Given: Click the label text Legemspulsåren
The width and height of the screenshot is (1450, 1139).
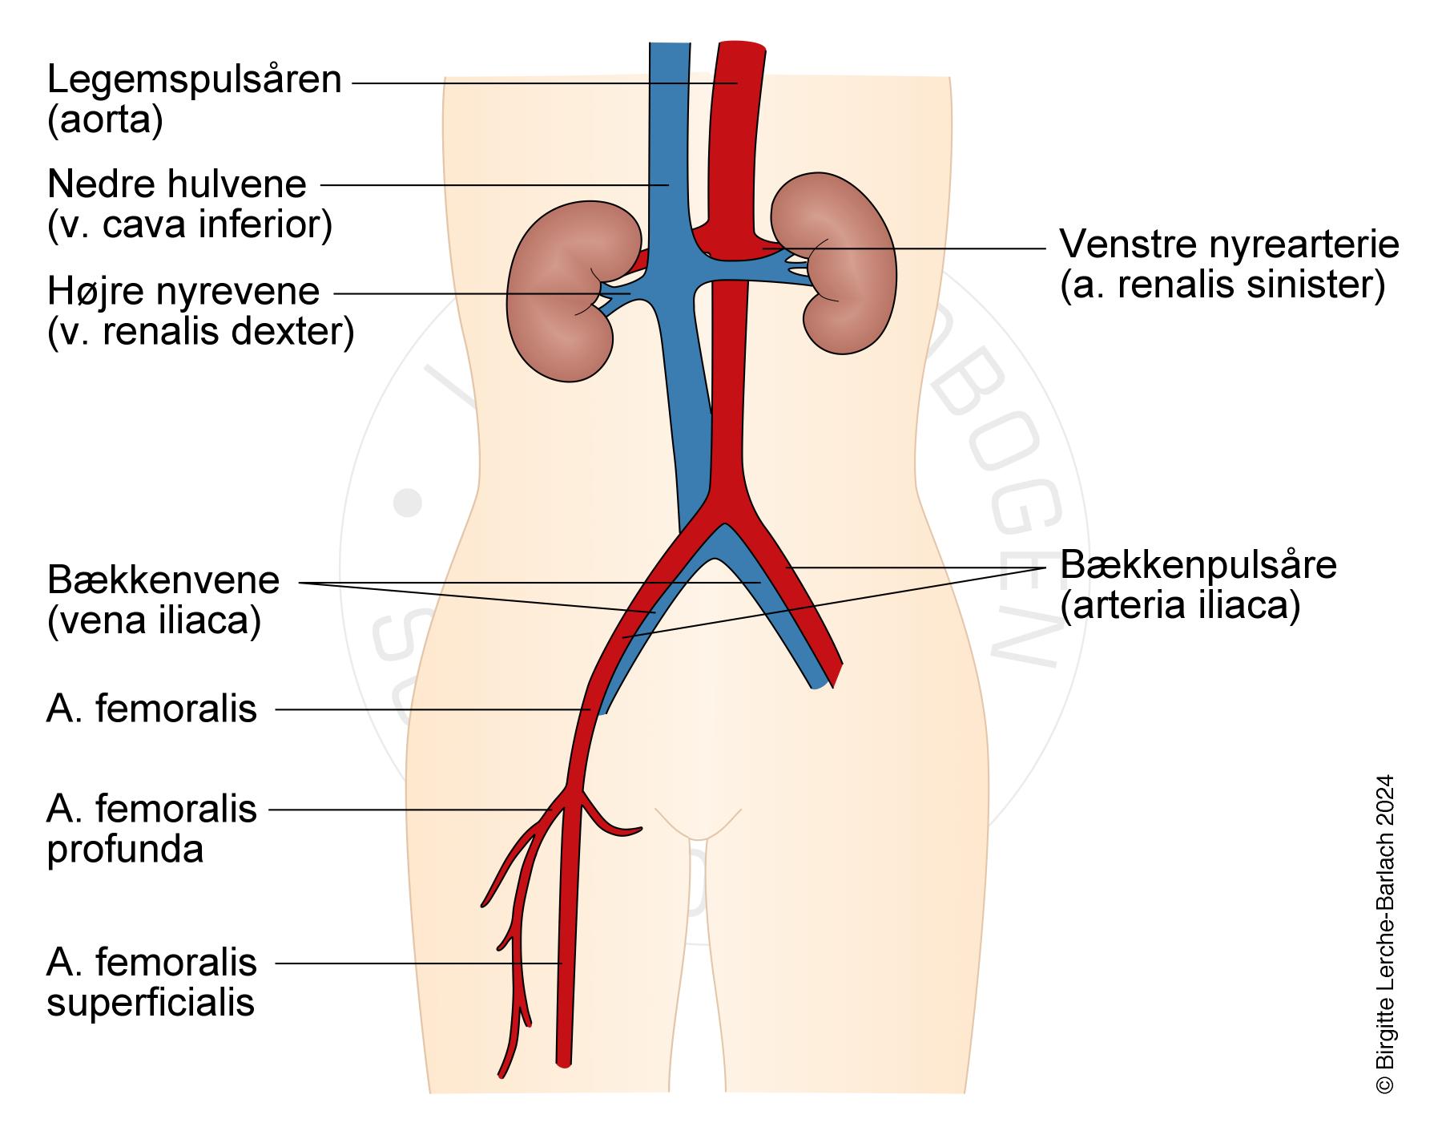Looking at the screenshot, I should (x=194, y=81).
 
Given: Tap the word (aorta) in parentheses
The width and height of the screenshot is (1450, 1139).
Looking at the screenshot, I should (x=105, y=121).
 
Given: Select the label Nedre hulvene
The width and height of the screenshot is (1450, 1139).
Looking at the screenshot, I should (x=177, y=185).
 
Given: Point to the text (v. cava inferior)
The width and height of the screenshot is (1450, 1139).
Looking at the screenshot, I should (x=190, y=225).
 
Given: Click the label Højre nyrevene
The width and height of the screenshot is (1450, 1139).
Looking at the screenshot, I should (x=183, y=292).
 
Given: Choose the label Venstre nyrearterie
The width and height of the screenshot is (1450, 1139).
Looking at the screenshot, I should (x=1229, y=244).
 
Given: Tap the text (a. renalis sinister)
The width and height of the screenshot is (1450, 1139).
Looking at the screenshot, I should (x=1222, y=285).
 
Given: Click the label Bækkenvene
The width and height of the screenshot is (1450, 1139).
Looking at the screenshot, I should (x=163, y=580).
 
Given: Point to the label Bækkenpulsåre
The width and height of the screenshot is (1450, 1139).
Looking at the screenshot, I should (x=1198, y=565).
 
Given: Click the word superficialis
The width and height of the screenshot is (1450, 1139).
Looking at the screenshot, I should (x=151, y=1003).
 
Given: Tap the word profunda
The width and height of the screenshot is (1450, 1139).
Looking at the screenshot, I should (x=125, y=850).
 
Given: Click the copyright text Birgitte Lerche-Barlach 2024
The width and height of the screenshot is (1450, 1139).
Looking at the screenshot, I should (x=1384, y=934).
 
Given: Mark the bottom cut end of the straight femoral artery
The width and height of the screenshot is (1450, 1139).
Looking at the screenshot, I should (x=564, y=1062).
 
